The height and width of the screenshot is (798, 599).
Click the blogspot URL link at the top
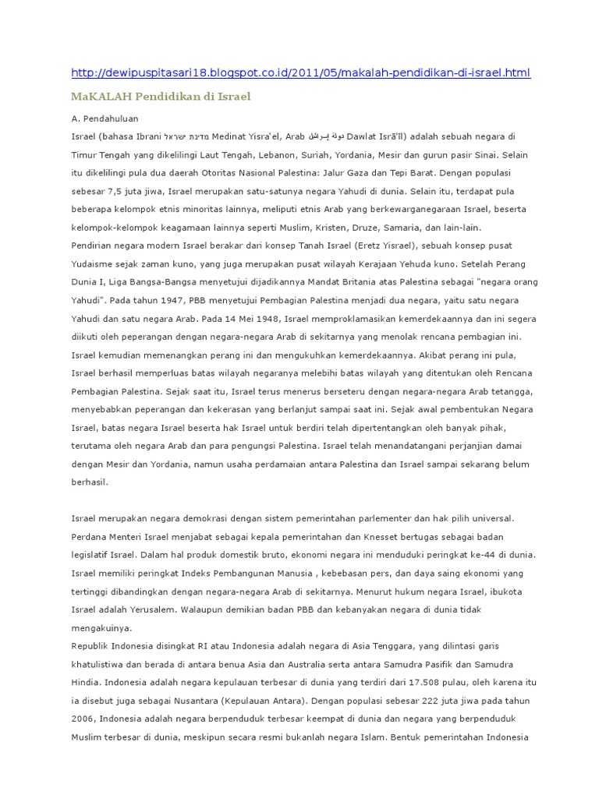300,73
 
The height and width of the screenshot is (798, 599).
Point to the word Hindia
86,682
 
